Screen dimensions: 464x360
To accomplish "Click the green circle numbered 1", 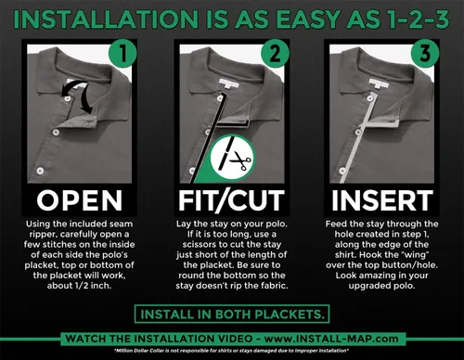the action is tap(122, 53).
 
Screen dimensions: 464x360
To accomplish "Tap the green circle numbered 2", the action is tap(275, 53).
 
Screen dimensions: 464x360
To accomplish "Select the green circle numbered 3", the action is tap(425, 53).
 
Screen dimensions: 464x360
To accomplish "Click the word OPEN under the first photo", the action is tap(80, 200).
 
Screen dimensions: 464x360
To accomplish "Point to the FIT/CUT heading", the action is tap(231, 201).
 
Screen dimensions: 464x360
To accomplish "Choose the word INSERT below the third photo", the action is tap(382, 200).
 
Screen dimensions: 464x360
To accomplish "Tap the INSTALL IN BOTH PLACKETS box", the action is tap(232, 315).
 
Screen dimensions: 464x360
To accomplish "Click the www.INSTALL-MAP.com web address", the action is tap(331, 339).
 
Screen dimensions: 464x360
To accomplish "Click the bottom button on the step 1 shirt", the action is tap(40, 171).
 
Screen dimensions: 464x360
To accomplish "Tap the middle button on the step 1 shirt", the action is tap(56, 133).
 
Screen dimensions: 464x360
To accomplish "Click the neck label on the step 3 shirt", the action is tap(379, 83).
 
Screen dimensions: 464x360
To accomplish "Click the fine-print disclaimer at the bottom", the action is tap(232, 351).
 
